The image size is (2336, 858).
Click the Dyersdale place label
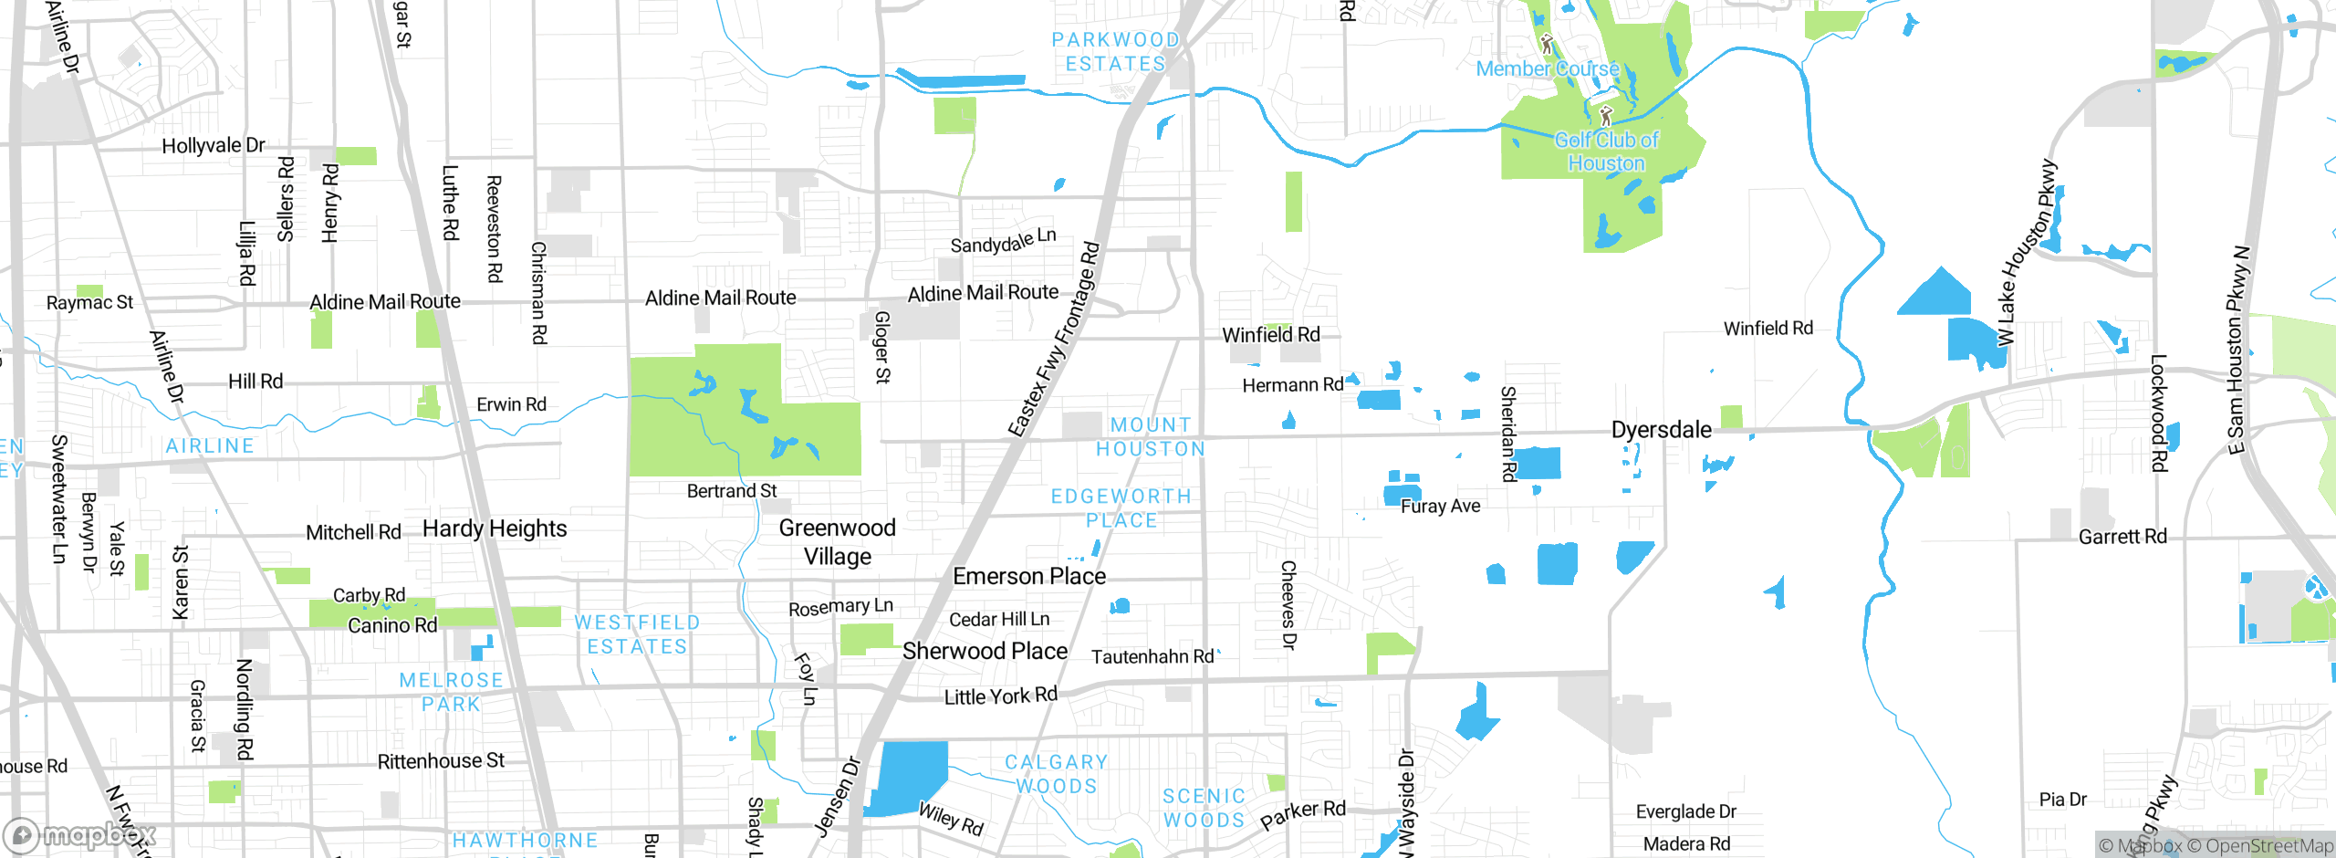tap(1661, 430)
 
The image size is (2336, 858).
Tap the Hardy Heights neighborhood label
tap(495, 528)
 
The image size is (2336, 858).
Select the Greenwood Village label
tap(837, 542)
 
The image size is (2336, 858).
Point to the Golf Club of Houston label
tap(1606, 152)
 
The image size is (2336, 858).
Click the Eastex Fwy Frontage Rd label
tap(1054, 340)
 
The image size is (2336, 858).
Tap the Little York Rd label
tap(1000, 696)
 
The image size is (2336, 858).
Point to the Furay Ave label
tap(1440, 506)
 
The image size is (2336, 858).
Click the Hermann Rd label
tap(1292, 385)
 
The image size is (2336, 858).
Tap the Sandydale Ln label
tap(1003, 241)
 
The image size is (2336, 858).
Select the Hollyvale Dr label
tap(214, 145)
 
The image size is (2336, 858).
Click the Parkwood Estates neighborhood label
tap(1115, 52)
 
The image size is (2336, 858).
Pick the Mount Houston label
tap(1150, 437)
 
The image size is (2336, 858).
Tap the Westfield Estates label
tap(637, 634)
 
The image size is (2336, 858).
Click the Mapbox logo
tap(80, 834)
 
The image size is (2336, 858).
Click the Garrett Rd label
tap(2122, 537)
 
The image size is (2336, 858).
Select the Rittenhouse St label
tap(441, 760)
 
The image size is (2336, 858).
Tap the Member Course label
tap(1548, 68)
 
